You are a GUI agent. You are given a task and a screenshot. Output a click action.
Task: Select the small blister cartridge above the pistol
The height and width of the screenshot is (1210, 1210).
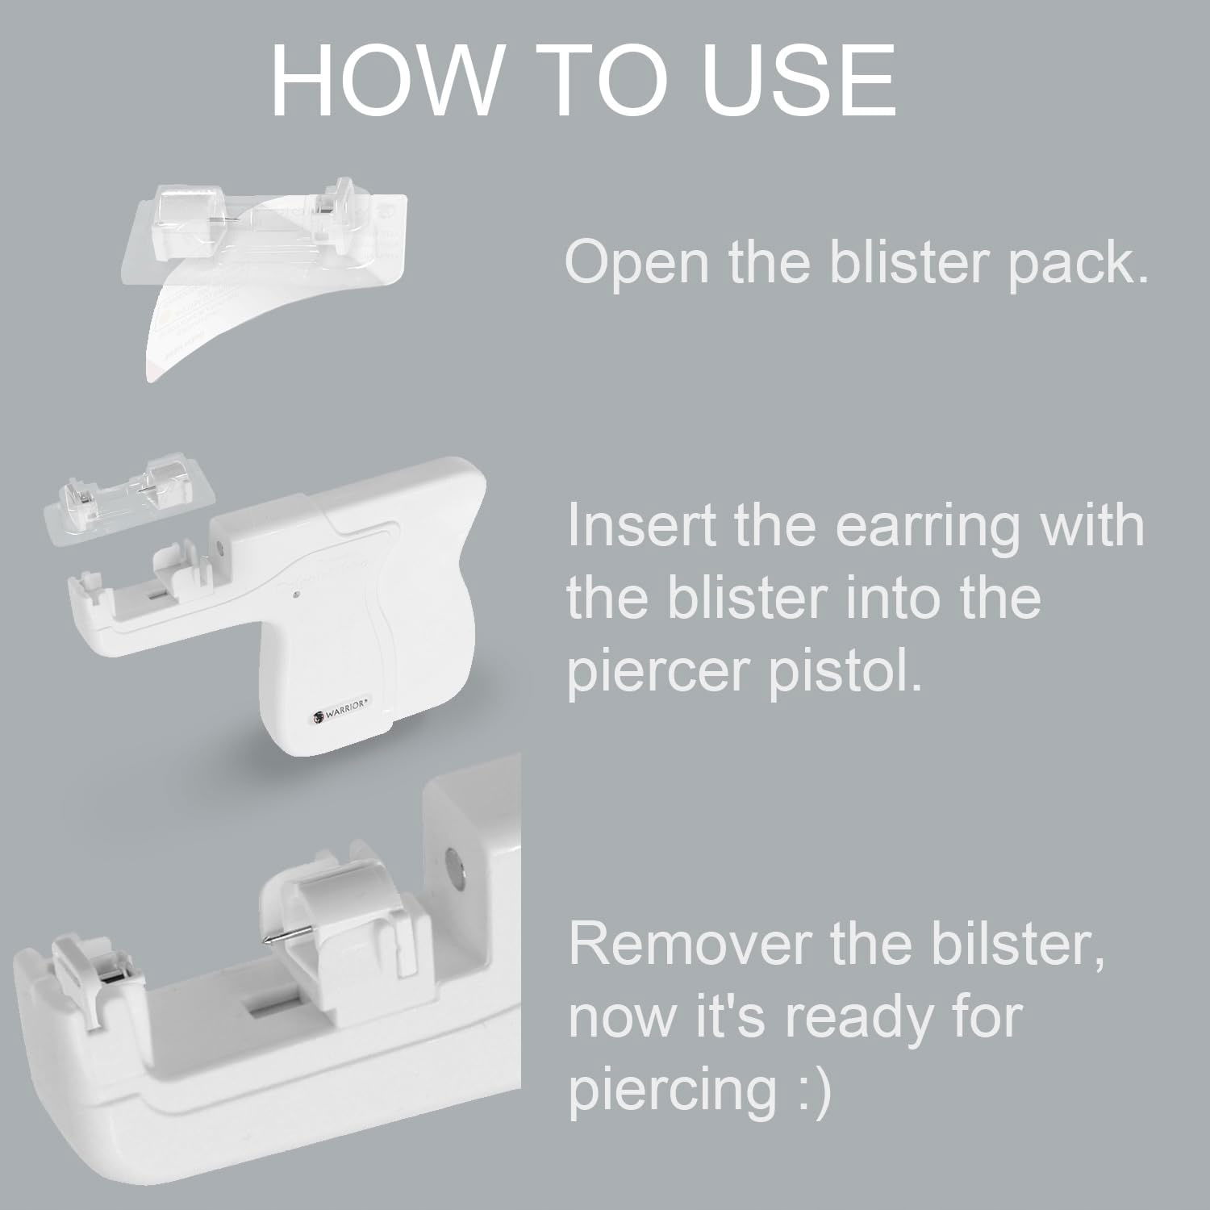(129, 505)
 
